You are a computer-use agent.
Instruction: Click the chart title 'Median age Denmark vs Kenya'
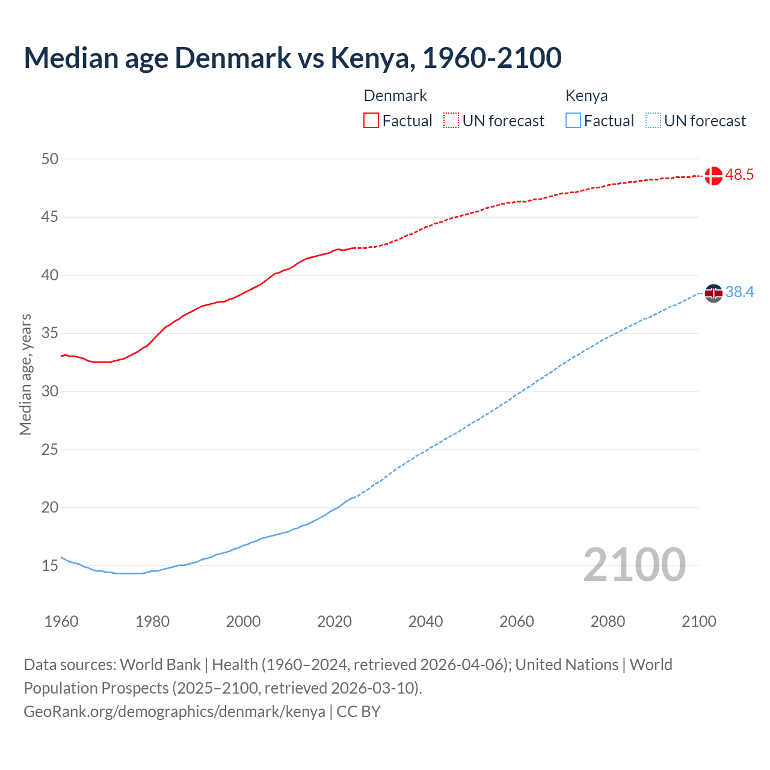tap(292, 58)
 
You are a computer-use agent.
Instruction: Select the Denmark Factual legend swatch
tap(371, 120)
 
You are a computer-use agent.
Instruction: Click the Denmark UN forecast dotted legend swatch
tap(451, 120)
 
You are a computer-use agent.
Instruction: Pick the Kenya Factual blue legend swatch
tap(573, 120)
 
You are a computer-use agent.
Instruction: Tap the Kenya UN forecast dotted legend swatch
tap(653, 120)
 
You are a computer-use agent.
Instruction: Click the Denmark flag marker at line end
tap(713, 176)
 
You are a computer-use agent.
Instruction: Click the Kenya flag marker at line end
tap(713, 293)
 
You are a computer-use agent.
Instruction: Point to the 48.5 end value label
tap(739, 175)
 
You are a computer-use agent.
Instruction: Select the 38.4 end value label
tap(739, 292)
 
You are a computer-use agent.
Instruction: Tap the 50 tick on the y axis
tap(50, 159)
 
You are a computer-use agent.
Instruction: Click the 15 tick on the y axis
tap(50, 565)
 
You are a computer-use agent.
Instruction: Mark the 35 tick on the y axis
tap(50, 333)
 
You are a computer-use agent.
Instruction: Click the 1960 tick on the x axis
tap(61, 621)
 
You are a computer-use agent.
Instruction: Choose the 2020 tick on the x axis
tap(334, 621)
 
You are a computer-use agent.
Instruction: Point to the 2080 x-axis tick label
tap(608, 621)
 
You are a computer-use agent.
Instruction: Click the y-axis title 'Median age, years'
tap(25, 374)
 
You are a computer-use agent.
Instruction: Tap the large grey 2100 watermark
tap(635, 564)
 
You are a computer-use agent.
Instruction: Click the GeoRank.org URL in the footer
tap(174, 712)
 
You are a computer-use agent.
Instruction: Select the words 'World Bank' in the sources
tap(160, 665)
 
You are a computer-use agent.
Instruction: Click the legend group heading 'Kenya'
tap(587, 96)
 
